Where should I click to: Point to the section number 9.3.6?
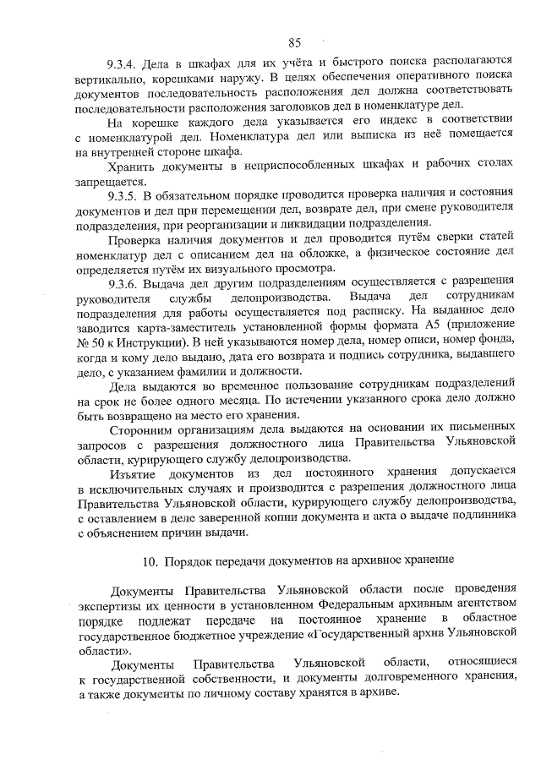(x=123, y=282)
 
